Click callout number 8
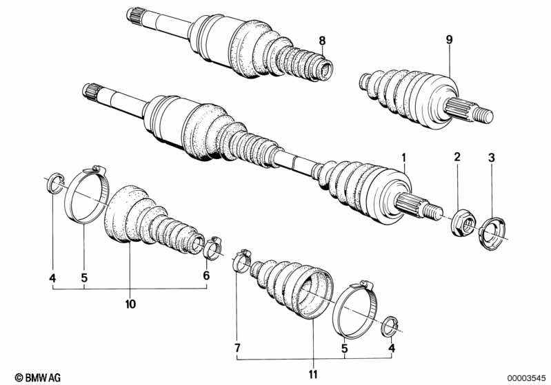click(x=322, y=41)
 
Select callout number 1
click(x=405, y=159)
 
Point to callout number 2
click(x=457, y=159)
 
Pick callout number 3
click(x=492, y=159)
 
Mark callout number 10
click(x=130, y=304)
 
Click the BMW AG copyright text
click(x=27, y=376)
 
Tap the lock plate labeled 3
click(x=493, y=230)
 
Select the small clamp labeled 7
click(x=242, y=260)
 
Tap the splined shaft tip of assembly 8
click(x=134, y=14)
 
